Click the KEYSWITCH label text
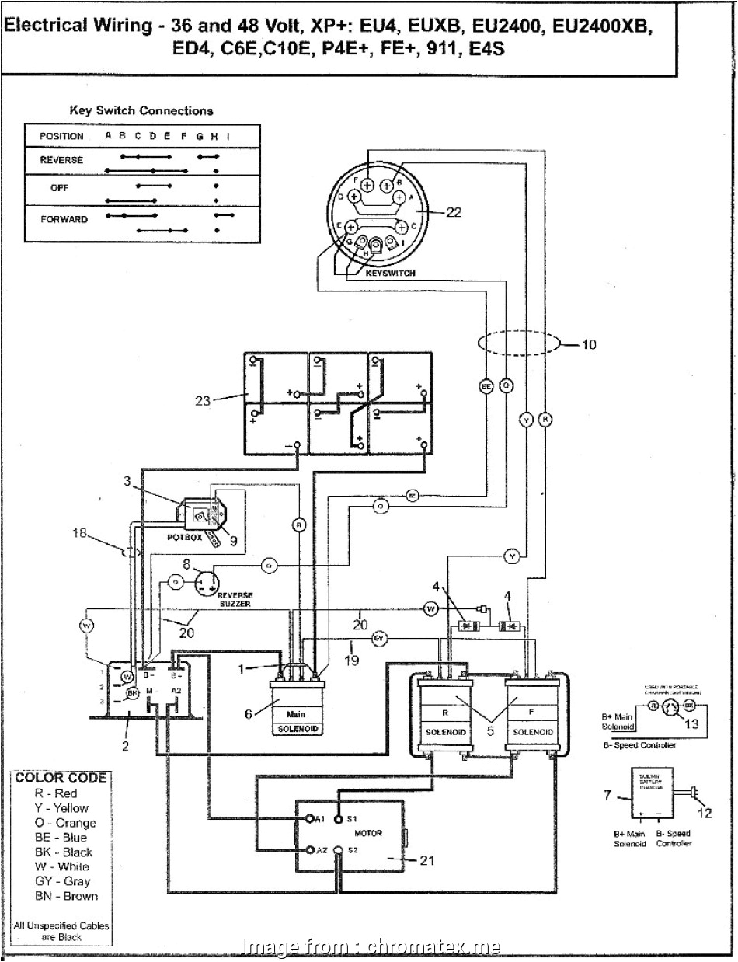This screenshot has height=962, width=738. [389, 273]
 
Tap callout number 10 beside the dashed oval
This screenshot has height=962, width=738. [589, 343]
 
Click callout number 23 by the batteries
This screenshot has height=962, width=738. [204, 401]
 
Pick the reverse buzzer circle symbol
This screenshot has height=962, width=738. [207, 581]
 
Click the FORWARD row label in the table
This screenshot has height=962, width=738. [64, 219]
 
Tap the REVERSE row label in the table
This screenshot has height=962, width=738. [61, 160]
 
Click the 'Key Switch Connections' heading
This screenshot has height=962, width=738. [141, 111]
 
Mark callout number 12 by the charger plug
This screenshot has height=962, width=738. [704, 814]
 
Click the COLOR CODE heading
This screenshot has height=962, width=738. [61, 778]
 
